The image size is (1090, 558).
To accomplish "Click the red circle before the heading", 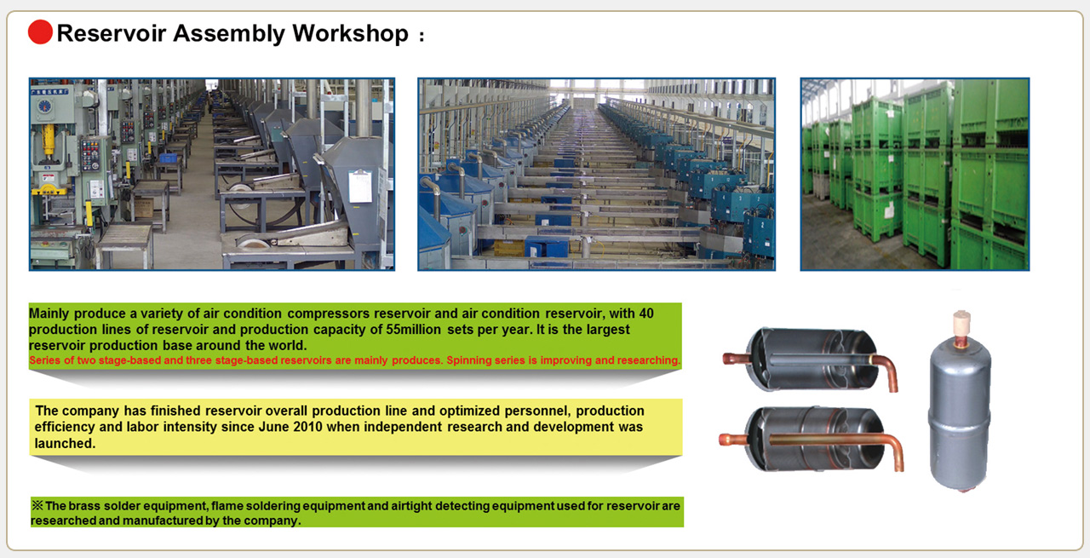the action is (40, 32).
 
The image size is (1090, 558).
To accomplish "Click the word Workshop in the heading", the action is (350, 33).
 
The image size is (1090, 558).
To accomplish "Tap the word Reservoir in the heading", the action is (112, 33).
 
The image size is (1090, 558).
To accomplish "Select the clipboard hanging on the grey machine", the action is (360, 185).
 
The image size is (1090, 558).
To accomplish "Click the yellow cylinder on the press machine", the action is (49, 139).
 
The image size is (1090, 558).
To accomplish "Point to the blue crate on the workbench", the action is (168, 158).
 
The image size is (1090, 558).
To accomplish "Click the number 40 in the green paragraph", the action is (645, 314).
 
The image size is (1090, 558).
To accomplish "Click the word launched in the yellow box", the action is (66, 443).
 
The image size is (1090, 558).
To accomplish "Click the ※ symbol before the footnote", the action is (37, 505).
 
